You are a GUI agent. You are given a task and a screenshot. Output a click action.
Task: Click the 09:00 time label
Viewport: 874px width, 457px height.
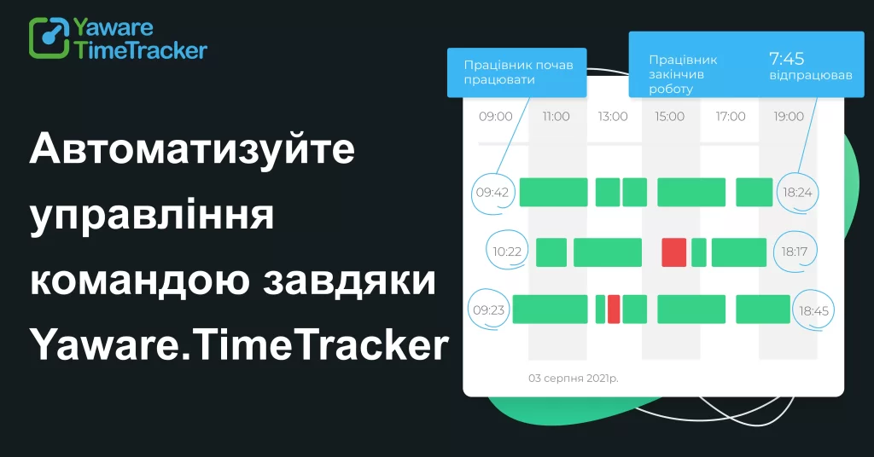495,116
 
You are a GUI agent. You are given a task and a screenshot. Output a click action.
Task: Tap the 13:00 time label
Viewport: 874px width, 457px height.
613,116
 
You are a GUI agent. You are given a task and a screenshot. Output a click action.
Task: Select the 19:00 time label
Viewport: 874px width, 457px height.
789,116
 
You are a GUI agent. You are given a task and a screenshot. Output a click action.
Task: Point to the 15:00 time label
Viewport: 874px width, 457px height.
671,116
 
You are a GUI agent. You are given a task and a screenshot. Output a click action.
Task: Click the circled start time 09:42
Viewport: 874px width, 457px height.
492,193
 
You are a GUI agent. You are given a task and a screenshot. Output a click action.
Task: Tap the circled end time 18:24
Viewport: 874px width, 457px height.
797,193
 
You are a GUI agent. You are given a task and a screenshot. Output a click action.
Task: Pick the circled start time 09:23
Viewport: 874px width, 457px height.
488,309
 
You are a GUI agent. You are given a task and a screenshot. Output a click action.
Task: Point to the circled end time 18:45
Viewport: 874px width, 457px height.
813,310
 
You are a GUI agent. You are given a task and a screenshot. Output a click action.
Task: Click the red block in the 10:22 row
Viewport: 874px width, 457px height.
674,252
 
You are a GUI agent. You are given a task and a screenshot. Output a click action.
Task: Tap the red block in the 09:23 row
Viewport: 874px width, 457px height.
613,309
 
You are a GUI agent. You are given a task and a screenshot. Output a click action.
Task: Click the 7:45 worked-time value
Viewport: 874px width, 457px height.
786,59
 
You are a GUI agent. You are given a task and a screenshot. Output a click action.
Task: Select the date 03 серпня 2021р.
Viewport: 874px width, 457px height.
573,377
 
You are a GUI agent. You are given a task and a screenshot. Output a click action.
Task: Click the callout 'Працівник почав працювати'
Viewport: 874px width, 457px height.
516,72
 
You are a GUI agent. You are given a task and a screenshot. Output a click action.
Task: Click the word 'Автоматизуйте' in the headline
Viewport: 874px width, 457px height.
192,150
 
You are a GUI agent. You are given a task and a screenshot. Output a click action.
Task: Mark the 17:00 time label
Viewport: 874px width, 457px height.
731,116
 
